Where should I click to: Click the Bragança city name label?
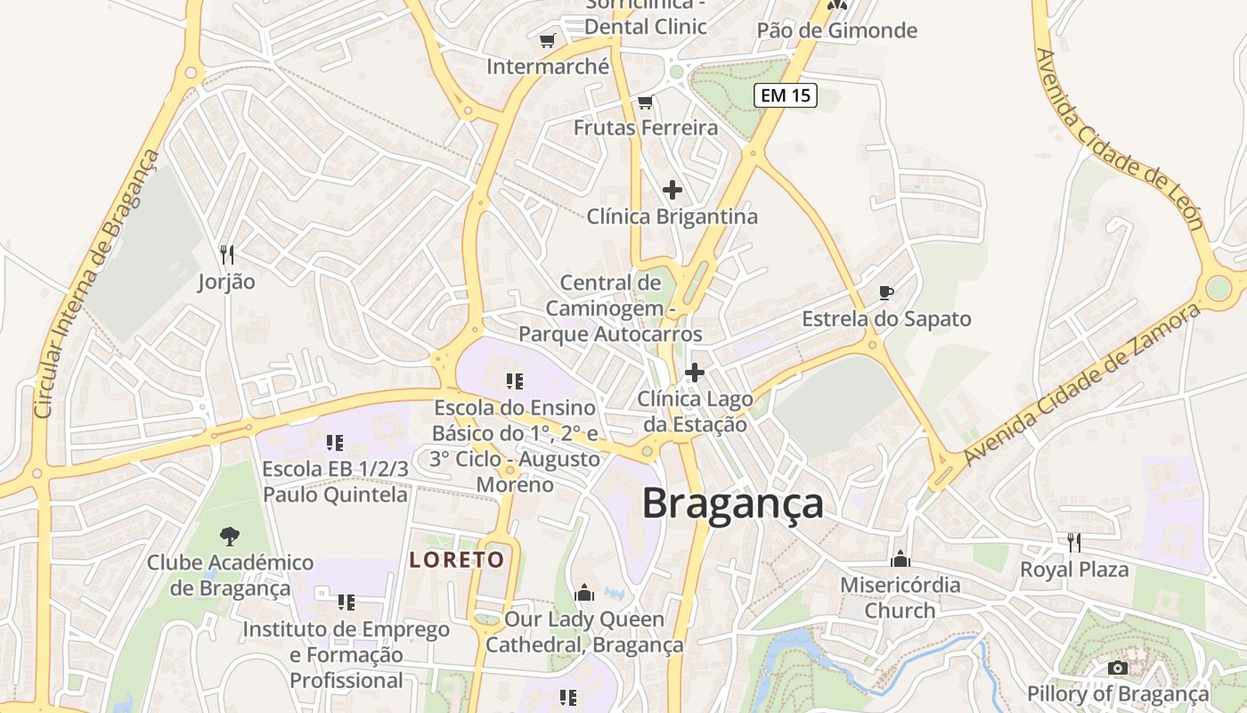[732, 504]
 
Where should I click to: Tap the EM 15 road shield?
[786, 95]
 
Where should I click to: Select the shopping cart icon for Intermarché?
[547, 41]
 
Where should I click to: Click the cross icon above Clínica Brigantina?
[672, 190]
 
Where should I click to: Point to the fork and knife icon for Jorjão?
[226, 255]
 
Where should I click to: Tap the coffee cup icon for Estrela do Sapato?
[885, 292]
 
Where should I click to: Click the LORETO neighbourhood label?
[457, 560]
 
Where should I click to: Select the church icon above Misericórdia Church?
[901, 559]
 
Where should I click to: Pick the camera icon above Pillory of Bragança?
[1117, 668]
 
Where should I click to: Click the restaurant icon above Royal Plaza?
[1074, 542]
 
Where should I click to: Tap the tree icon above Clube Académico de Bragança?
[230, 536]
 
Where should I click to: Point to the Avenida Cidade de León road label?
[1120, 140]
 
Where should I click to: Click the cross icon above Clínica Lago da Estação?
[695, 373]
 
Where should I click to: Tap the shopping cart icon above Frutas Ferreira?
[646, 102]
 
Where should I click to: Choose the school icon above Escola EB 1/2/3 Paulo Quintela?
[335, 442]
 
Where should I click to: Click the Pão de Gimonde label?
[836, 30]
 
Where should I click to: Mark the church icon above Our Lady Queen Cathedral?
[584, 593]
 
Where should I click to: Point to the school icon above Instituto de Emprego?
[346, 602]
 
